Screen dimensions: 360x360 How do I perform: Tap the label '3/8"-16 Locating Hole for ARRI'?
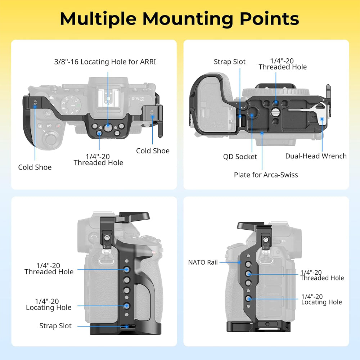pyautogui.click(x=105, y=62)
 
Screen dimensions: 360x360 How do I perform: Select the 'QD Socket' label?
pyautogui.click(x=240, y=157)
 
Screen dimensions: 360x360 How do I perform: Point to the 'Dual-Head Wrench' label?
pyautogui.click(x=316, y=156)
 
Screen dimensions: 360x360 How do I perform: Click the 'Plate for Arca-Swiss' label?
pyautogui.click(x=266, y=175)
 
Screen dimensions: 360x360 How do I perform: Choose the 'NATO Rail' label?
pyautogui.click(x=203, y=262)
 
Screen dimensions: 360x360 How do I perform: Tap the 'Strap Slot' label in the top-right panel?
pyautogui.click(x=230, y=62)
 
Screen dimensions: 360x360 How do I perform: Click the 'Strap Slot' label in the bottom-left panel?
pyautogui.click(x=55, y=326)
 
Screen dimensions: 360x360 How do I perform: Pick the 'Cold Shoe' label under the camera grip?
pyautogui.click(x=35, y=167)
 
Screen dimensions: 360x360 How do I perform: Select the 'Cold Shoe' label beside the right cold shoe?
pyautogui.click(x=153, y=151)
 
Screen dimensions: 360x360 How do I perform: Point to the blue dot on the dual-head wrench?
pyautogui.click(x=322, y=118)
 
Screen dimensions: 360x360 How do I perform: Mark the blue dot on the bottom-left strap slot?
pyautogui.click(x=126, y=326)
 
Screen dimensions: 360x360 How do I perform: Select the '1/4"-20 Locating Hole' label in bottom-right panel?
pyautogui.click(x=321, y=299)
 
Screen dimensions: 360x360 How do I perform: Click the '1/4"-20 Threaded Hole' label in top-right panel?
pyautogui.click(x=282, y=64)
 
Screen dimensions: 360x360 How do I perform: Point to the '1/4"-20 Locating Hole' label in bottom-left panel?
pyautogui.click(x=49, y=304)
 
